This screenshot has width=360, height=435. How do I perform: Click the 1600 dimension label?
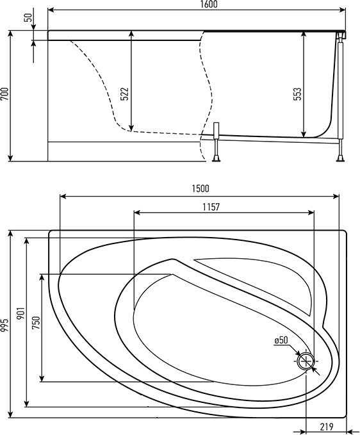click(x=208, y=4)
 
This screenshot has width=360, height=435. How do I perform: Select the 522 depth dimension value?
click(x=125, y=94)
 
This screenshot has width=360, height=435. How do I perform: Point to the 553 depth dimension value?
click(x=297, y=94)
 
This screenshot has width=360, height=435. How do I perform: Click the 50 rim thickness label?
click(x=29, y=17)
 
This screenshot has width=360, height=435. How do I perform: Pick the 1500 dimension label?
click(x=200, y=189)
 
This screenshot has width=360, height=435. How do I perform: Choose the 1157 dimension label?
click(x=211, y=207)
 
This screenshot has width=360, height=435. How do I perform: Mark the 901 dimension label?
click(x=21, y=313)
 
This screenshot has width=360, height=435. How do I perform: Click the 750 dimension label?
click(x=36, y=323)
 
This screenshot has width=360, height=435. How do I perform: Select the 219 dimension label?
click(x=327, y=426)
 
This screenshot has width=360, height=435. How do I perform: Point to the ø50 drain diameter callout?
click(x=281, y=340)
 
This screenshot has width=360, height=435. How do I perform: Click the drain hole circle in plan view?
click(x=306, y=361)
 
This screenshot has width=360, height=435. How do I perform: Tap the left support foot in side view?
click(x=216, y=159)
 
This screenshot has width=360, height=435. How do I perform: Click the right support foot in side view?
click(x=341, y=159)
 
